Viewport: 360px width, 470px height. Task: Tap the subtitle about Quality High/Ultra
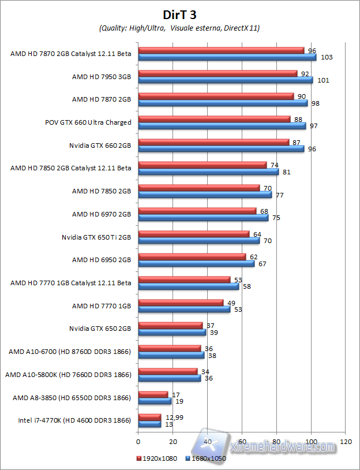[x=179, y=28]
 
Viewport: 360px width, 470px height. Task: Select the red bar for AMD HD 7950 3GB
[x=218, y=73]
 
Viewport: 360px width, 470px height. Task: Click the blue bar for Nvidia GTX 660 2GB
[x=221, y=148]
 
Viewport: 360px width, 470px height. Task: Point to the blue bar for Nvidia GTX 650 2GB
[x=172, y=332]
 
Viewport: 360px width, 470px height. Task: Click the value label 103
[x=327, y=58]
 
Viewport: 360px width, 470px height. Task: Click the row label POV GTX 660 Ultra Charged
[x=88, y=122]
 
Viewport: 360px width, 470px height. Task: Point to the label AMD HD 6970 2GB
[x=102, y=214]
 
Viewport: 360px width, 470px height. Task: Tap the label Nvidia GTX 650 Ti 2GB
[x=96, y=237]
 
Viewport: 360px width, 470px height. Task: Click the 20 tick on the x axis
[x=172, y=441]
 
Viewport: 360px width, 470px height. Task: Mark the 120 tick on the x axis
[x=346, y=441]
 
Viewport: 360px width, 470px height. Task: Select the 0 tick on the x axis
[x=138, y=441]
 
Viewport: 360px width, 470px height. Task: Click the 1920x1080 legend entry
[x=158, y=459]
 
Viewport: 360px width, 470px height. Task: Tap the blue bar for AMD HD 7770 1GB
[x=184, y=309]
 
